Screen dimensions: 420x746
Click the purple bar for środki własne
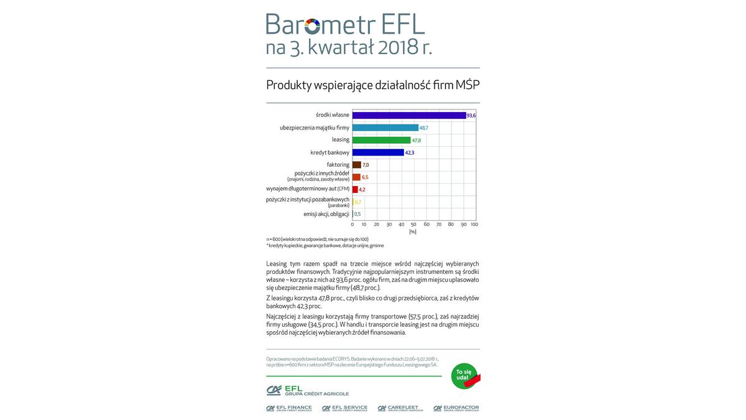408,115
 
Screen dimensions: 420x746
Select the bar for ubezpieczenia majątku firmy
385,128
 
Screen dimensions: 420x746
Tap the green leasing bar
381,140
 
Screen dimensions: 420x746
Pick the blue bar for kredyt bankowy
378,152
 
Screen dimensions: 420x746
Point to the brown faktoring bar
356,164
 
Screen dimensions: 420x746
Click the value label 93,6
471,116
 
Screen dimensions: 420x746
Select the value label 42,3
410,152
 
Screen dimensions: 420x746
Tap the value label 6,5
366,177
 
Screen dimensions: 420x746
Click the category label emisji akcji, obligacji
326,214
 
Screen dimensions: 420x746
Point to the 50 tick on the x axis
413,224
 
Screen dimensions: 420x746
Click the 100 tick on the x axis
474,224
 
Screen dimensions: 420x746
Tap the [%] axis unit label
413,231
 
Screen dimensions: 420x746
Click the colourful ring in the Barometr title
313,26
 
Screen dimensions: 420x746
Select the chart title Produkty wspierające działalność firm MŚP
372,85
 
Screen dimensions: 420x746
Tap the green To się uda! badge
464,376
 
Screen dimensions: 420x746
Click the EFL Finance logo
289,408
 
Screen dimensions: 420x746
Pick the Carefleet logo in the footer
400,408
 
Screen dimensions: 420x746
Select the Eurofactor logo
457,408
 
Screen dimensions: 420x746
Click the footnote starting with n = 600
317,239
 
